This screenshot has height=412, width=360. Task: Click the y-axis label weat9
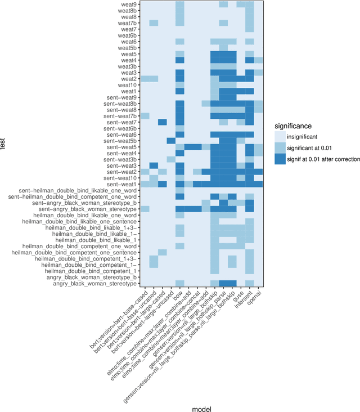click(127, 5)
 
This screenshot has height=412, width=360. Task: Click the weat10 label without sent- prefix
click(125, 85)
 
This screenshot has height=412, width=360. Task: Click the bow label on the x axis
click(177, 294)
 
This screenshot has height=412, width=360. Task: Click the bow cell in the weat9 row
click(180, 5)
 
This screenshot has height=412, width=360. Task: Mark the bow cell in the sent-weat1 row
click(180, 184)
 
